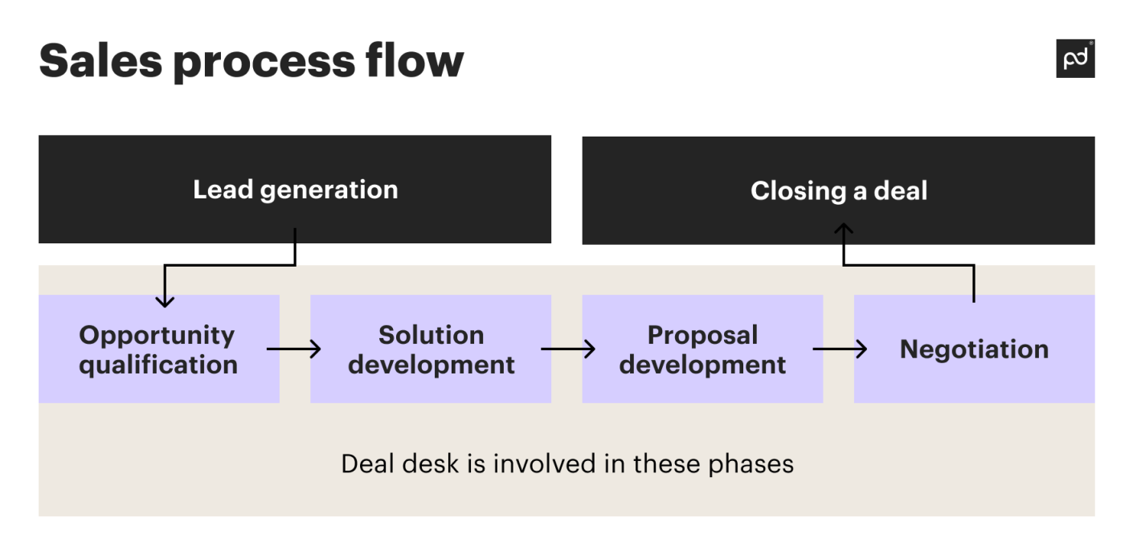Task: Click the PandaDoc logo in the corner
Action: tap(1074, 59)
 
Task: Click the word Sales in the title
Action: tap(99, 60)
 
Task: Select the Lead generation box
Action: tap(295, 190)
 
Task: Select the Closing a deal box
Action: tap(838, 190)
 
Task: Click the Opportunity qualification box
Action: tap(158, 349)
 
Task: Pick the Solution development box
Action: tap(431, 349)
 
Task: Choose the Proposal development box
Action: tap(702, 349)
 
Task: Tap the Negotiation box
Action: tap(974, 349)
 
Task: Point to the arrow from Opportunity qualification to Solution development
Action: tap(294, 349)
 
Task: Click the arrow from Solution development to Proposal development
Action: tap(567, 349)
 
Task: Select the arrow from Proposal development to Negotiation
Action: tap(840, 349)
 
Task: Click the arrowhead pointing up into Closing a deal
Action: tap(843, 231)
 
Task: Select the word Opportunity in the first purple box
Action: tap(157, 335)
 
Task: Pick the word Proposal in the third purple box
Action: tap(702, 335)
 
